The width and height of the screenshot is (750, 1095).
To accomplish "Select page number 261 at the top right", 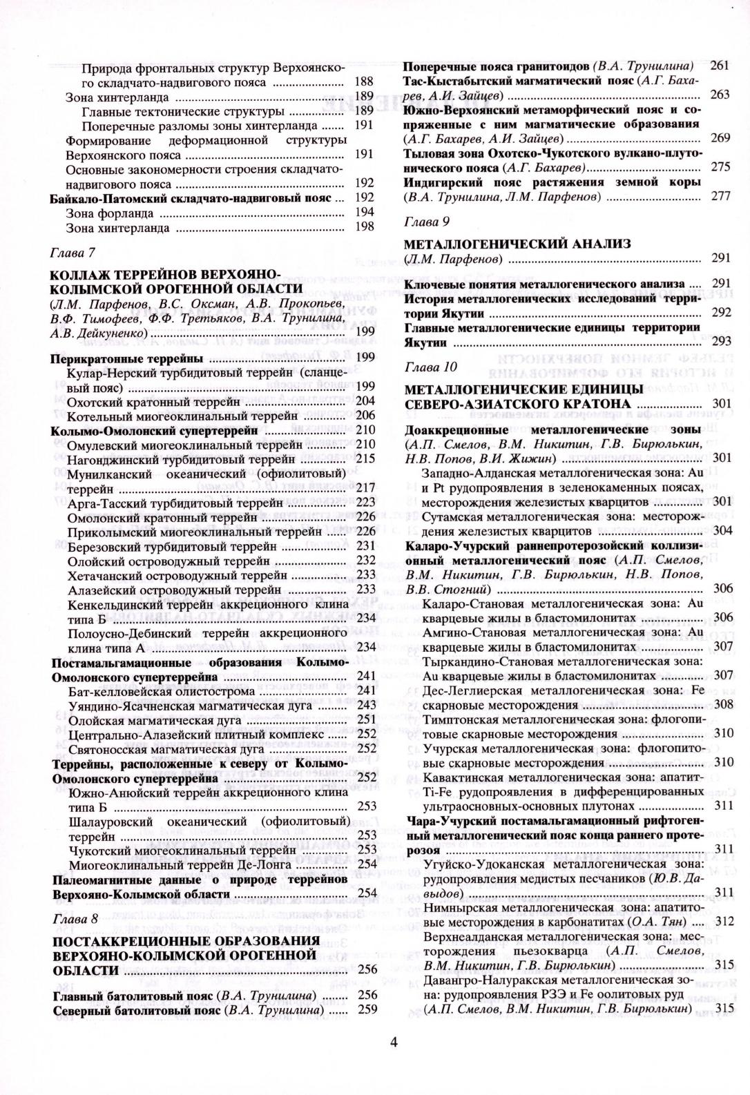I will (719, 66).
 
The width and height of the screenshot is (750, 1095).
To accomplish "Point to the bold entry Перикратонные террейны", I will (127, 358).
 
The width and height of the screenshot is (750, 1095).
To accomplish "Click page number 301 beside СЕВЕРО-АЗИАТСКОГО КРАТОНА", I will (722, 403).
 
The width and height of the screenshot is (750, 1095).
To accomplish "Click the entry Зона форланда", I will (109, 213).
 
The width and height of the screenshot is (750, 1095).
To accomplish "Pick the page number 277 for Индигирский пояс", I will (720, 196).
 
